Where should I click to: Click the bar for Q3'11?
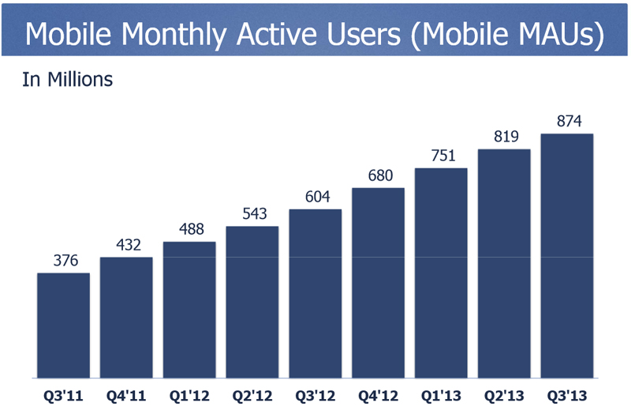(63, 325)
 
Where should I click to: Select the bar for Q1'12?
(189, 309)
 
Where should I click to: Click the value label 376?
(63, 262)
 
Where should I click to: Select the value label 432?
(126, 246)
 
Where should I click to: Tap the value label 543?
(252, 214)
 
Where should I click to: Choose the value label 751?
(441, 156)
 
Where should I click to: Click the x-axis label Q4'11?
(126, 393)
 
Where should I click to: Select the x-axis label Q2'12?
(252, 393)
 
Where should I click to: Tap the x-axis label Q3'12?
(315, 393)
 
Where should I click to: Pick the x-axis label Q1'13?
(441, 393)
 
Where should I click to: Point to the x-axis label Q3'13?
(566, 393)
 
